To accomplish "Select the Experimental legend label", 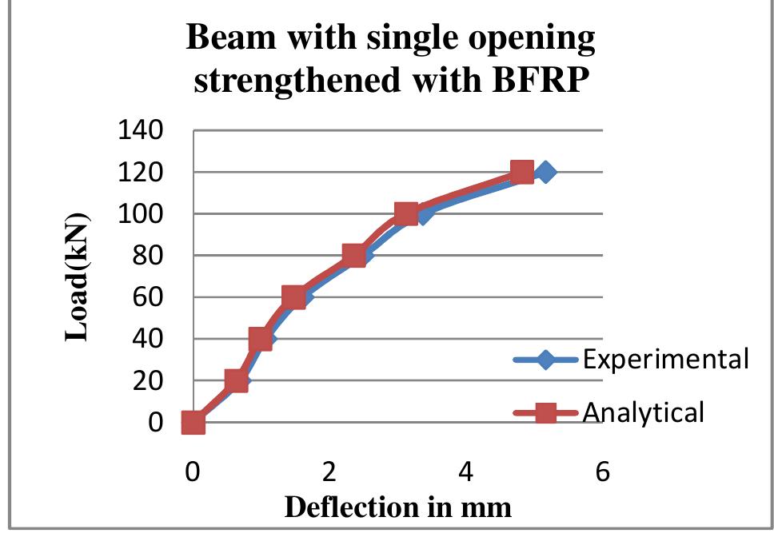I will coord(665,359).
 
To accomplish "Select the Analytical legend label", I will coord(644,412).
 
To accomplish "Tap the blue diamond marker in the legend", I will coord(545,360).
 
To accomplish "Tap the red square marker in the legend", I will coord(545,412).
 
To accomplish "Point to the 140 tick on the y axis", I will coord(141,130).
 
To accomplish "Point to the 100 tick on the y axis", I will coord(141,214).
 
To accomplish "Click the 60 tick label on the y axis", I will coord(149,297).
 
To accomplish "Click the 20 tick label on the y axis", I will coord(149,381).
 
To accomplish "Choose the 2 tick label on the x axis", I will coord(329,472).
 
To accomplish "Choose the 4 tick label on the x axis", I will coord(466,472).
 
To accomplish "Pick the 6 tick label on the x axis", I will coord(603,472).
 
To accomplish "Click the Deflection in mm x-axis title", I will coord(397,507).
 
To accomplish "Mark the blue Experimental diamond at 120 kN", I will coord(545,172).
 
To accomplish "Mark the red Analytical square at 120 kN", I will coord(521,172).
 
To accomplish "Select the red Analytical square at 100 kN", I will coord(406,213).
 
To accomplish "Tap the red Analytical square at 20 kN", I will coord(236,380).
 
